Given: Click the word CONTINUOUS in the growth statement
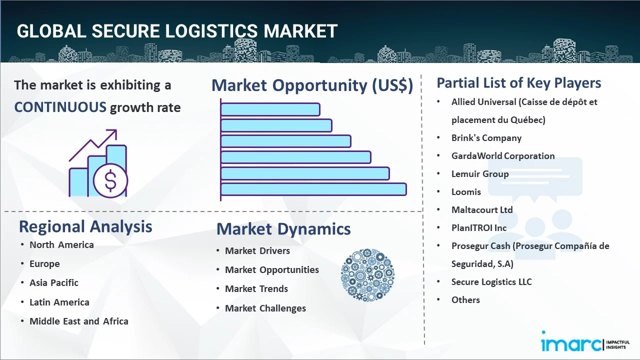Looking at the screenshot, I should (60, 107).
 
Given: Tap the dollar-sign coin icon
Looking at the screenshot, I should (110, 181).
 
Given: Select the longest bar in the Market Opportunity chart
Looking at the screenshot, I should (313, 189).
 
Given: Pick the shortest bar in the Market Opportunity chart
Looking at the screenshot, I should (270, 109).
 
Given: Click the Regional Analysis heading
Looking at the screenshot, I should (85, 226).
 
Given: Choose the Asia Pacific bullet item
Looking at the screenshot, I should (54, 282).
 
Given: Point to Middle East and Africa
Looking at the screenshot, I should (79, 321).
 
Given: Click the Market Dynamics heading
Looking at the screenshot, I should (283, 229).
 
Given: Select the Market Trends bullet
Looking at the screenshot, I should (256, 288).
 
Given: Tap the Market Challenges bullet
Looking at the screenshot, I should (265, 308).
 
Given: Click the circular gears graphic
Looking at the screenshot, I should (367, 275).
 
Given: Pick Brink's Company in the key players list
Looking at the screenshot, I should (486, 138).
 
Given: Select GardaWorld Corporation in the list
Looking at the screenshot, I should (503, 156).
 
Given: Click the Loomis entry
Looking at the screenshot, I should (466, 192).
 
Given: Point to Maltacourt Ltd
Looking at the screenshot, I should (482, 210).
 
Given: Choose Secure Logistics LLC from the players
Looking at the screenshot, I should (491, 282).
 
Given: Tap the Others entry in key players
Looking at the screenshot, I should (465, 300).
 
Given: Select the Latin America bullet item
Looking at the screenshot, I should (59, 302).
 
